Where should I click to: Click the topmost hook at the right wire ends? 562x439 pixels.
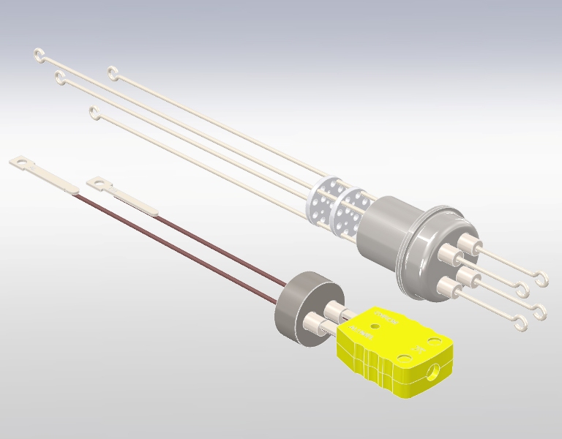click(x=542, y=277)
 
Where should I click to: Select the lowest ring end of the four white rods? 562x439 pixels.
click(x=93, y=111)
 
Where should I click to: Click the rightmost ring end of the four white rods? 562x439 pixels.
click(x=113, y=72)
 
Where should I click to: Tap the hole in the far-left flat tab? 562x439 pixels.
click(x=21, y=160)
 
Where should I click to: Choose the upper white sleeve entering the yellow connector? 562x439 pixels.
click(x=334, y=312)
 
